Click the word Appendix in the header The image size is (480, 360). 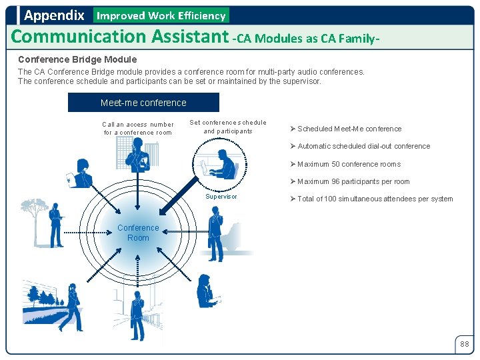coord(54,15)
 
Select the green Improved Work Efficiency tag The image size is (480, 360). coord(161,15)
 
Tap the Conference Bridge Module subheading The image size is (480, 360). coord(77,59)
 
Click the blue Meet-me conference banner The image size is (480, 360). coord(143,103)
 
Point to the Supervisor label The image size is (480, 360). coord(221,197)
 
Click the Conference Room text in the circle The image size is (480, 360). coord(138,233)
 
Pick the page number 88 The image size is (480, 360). coord(464,344)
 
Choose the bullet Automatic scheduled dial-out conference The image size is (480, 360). coord(363,146)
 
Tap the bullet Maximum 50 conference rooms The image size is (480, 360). coord(349,164)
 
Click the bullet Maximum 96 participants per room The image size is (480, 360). coord(353,181)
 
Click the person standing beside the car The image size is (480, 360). coord(215,233)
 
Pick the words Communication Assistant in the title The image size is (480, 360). coord(120,36)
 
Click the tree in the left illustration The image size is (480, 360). coord(33,213)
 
